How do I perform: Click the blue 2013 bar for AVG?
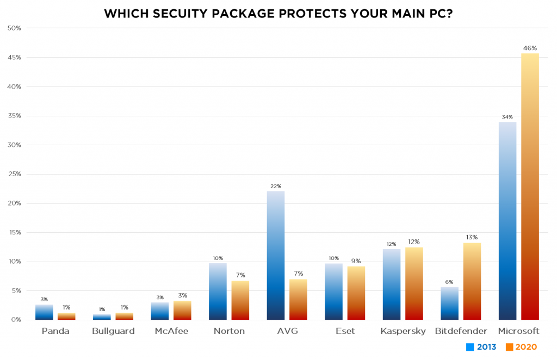point(276,256)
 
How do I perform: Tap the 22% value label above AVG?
point(276,186)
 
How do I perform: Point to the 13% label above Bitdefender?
point(472,237)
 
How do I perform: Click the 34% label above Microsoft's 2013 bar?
point(508,117)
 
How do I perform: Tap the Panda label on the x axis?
point(55,331)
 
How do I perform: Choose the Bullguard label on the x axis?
point(113,331)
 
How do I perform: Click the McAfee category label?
point(171,331)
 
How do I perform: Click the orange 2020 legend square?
point(510,347)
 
